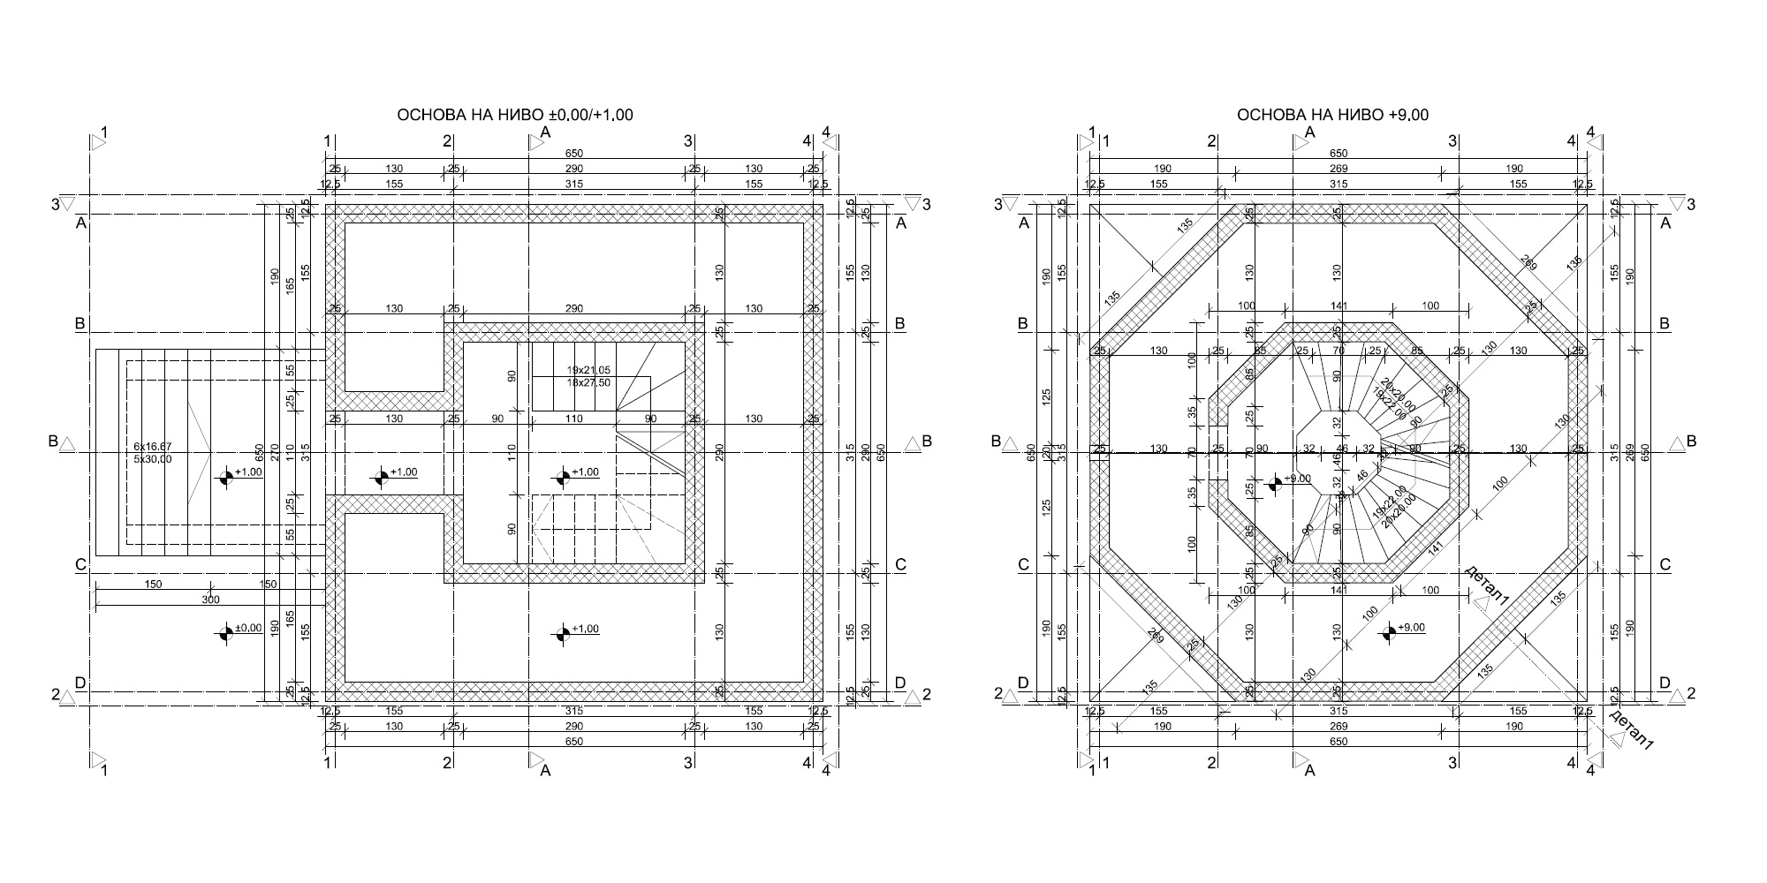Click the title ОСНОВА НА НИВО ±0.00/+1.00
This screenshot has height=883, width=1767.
[514, 115]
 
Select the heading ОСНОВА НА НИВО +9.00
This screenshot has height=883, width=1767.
[1332, 115]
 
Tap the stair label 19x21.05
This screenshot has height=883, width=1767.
[588, 370]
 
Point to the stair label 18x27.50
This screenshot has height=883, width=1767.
[588, 382]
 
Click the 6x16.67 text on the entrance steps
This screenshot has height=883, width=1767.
[153, 447]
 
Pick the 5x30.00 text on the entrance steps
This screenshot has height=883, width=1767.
[153, 459]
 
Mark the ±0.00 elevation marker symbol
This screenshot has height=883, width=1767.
[227, 631]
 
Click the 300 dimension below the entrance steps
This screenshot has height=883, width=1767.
[210, 600]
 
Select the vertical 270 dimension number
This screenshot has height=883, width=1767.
[276, 453]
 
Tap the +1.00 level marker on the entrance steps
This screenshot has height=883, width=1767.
[227, 477]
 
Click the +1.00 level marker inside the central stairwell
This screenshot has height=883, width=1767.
[563, 477]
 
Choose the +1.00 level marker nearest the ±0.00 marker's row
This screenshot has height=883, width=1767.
[563, 632]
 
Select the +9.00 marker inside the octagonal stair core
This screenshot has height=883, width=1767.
[1275, 483]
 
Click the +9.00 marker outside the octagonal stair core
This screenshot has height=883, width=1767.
[1389, 631]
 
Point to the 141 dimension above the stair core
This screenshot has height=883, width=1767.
[1338, 306]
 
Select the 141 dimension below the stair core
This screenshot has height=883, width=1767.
[1338, 591]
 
